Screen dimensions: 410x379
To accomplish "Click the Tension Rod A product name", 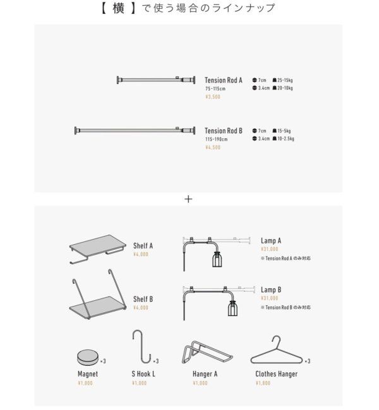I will pos(224,81).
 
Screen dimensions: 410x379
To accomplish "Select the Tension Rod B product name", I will pos(224,131).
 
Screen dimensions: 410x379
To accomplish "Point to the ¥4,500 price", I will pos(213,147).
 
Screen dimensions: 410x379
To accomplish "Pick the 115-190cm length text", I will pos(216,139).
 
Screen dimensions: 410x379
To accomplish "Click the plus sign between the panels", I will pos(188,199).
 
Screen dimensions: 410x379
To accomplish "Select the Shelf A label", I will pos(143,246).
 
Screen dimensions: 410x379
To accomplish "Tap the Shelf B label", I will pos(143,299).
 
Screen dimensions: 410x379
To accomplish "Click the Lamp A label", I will pos(271,241).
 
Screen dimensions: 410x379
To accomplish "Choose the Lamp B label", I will pos(271,290).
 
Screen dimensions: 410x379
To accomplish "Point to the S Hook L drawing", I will pos(142,347).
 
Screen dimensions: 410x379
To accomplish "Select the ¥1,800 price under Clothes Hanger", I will pos(263,383).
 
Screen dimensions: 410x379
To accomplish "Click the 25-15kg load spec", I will pos(282,80).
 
